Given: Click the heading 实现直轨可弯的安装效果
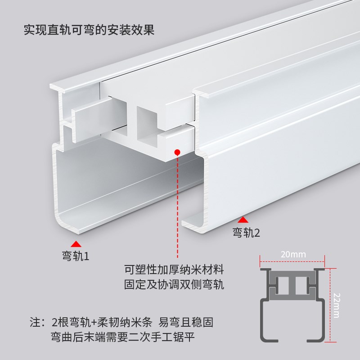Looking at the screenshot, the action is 89,30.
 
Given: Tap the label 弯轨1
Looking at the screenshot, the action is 75,256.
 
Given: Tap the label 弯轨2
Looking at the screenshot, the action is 246,233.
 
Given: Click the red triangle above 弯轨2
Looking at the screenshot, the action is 243,220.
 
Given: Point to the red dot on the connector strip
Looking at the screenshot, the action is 178,153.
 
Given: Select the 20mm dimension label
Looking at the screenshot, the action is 293,254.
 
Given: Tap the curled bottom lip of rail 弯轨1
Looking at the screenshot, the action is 72,225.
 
